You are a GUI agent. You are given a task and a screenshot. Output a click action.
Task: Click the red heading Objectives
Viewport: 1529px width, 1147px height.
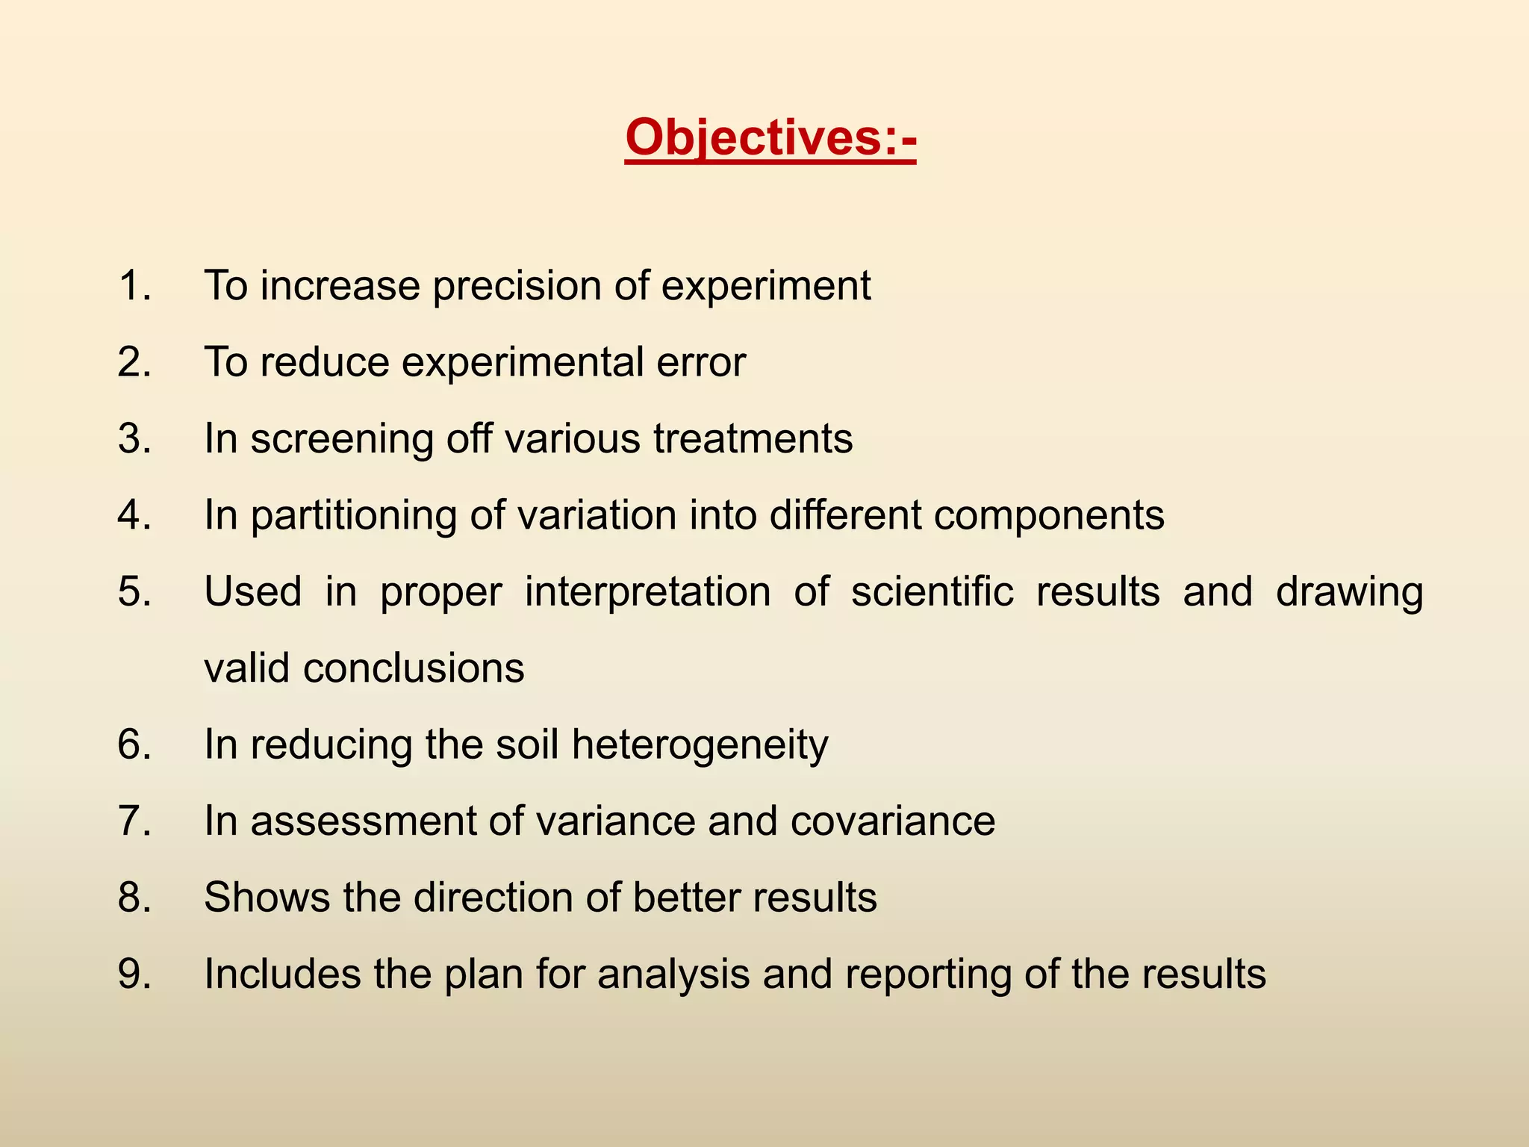pyautogui.click(x=770, y=138)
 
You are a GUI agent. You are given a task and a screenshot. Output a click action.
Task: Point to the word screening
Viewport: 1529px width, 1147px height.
pyautogui.click(x=342, y=439)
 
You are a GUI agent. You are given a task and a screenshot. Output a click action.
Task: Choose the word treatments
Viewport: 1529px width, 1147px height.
pyautogui.click(x=753, y=439)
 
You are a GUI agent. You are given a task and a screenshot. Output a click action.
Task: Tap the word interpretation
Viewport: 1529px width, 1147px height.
pyautogui.click(x=647, y=593)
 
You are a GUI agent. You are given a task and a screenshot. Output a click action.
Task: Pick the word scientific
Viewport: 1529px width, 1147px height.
pyautogui.click(x=932, y=591)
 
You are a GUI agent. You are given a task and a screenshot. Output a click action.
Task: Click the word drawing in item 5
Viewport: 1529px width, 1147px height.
pyautogui.click(x=1349, y=593)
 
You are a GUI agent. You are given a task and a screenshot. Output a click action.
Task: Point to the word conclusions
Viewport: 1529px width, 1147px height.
pyautogui.click(x=414, y=668)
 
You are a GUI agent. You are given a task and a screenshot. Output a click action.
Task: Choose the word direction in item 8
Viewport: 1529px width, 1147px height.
pyautogui.click(x=493, y=897)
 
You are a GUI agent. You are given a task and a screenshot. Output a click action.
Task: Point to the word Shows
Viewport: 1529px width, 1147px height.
pyautogui.click(x=267, y=897)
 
